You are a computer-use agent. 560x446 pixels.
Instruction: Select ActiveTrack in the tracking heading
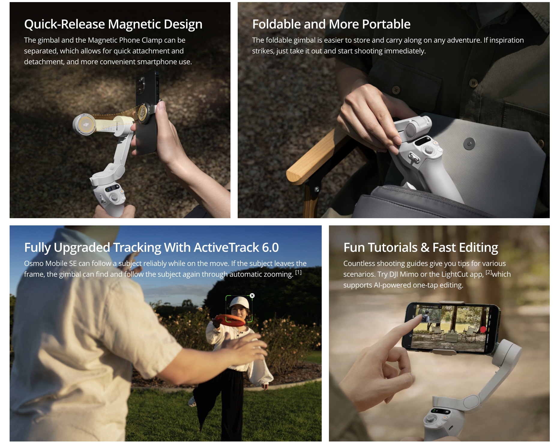tap(226, 248)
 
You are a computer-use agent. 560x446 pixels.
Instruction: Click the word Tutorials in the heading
tap(393, 248)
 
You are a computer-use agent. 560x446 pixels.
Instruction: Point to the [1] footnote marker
tap(298, 272)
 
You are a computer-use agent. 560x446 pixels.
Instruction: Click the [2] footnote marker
tap(489, 272)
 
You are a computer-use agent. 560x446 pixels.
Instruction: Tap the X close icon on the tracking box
tap(252, 296)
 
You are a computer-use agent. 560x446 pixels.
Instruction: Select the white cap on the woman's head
tap(240, 303)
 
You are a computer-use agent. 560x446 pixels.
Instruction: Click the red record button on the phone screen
tap(483, 329)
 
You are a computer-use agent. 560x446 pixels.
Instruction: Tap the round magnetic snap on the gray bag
tap(469, 144)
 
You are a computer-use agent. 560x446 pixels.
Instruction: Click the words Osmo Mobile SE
tap(50, 264)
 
